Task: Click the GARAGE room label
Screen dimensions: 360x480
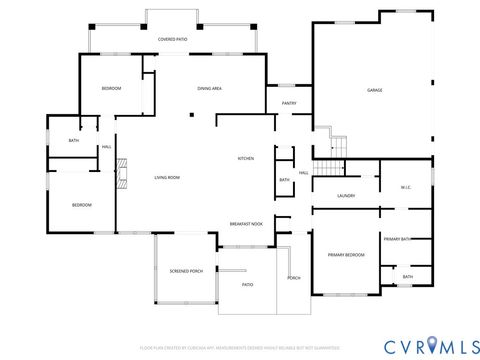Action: point(374,91)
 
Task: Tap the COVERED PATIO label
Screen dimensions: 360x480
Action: point(172,39)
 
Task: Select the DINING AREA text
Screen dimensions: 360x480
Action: point(209,89)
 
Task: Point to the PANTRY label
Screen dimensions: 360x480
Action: point(289,103)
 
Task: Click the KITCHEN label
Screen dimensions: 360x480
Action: point(245,158)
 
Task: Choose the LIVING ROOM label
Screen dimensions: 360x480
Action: point(166,178)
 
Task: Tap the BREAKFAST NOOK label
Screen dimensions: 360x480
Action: point(246,224)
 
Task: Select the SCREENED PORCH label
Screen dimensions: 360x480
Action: point(186,270)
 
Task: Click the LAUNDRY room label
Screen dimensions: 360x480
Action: point(347,196)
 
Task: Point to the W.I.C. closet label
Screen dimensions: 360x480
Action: point(406,187)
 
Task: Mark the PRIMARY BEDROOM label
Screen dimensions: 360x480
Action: point(346,255)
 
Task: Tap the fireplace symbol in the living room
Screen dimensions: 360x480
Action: point(121,173)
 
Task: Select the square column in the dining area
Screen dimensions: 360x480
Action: point(192,114)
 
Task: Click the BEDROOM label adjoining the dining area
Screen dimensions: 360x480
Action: point(111,89)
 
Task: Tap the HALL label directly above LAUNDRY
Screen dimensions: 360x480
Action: point(303,172)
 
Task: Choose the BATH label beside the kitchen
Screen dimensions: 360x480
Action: point(284,180)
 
